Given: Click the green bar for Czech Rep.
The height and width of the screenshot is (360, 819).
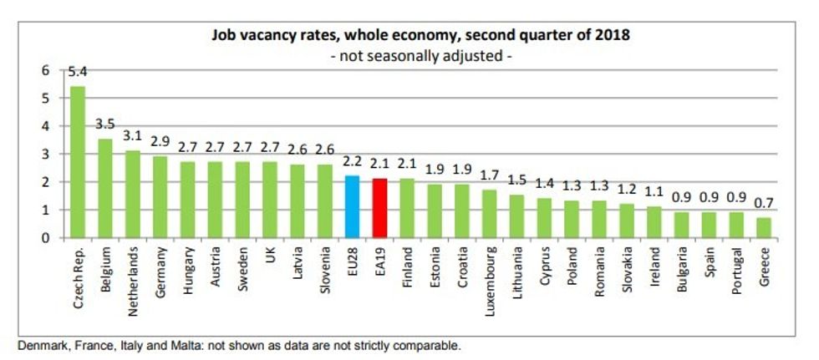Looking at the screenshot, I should pyautogui.click(x=77, y=162).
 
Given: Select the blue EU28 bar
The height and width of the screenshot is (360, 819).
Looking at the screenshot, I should pyautogui.click(x=352, y=207).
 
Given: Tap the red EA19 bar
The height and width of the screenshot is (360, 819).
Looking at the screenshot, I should pyautogui.click(x=379, y=208).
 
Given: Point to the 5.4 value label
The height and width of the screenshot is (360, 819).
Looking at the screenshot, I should pyautogui.click(x=78, y=74).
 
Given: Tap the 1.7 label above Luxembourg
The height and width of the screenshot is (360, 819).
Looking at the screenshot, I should pyautogui.click(x=490, y=176).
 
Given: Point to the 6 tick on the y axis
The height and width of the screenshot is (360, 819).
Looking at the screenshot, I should pyautogui.click(x=45, y=71).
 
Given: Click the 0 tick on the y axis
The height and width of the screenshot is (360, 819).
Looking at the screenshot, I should pyautogui.click(x=45, y=238).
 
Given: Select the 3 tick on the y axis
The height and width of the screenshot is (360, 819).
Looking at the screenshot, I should pyautogui.click(x=45, y=155).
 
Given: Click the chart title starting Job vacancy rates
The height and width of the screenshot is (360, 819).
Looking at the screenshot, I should pyautogui.click(x=421, y=36).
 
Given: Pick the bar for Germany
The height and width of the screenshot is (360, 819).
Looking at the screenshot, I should pyautogui.click(x=160, y=197).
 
